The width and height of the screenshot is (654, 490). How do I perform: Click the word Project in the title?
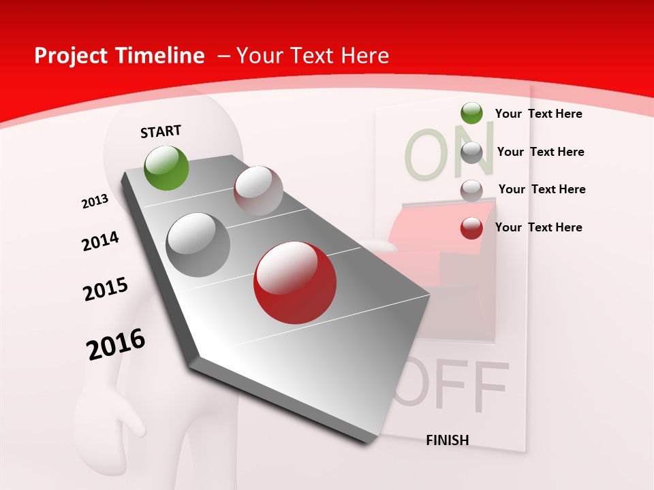tap(72, 56)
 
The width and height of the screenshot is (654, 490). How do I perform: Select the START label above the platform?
tap(161, 131)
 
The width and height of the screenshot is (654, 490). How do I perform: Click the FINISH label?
tap(448, 440)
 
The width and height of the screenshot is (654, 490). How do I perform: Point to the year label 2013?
tap(95, 201)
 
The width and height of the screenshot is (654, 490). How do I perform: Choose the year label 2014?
tap(100, 242)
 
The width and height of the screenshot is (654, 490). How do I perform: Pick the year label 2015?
tap(106, 289)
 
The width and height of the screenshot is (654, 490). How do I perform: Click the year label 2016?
tap(116, 344)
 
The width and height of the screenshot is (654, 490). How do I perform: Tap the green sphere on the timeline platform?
tap(167, 167)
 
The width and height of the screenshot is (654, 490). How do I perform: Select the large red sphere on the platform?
tap(295, 282)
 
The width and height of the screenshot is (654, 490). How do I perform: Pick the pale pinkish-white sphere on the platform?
tap(258, 191)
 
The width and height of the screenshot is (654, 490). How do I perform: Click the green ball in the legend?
tap(471, 113)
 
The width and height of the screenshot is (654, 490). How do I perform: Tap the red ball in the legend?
tap(471, 228)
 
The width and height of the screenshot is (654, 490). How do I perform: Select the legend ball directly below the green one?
tap(471, 152)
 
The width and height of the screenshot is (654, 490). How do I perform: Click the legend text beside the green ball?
tap(538, 114)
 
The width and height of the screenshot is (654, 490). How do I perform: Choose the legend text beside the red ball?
tap(538, 227)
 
